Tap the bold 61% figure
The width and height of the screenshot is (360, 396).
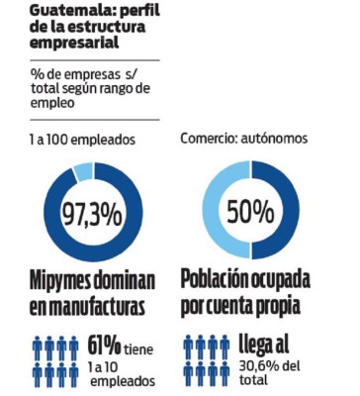tap(105, 346)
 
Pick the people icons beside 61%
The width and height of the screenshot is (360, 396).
tap(54, 361)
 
